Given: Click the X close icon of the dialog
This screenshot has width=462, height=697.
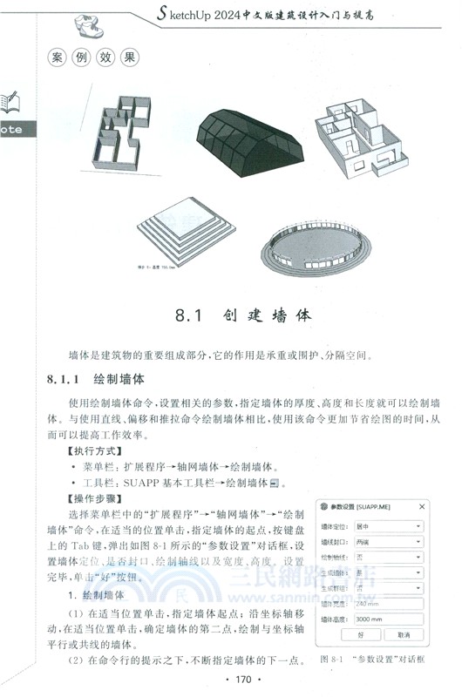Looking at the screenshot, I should click(422, 506).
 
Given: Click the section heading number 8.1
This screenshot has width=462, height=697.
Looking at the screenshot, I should click(187, 315).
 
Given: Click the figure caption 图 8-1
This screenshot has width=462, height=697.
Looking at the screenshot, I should click(335, 660).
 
